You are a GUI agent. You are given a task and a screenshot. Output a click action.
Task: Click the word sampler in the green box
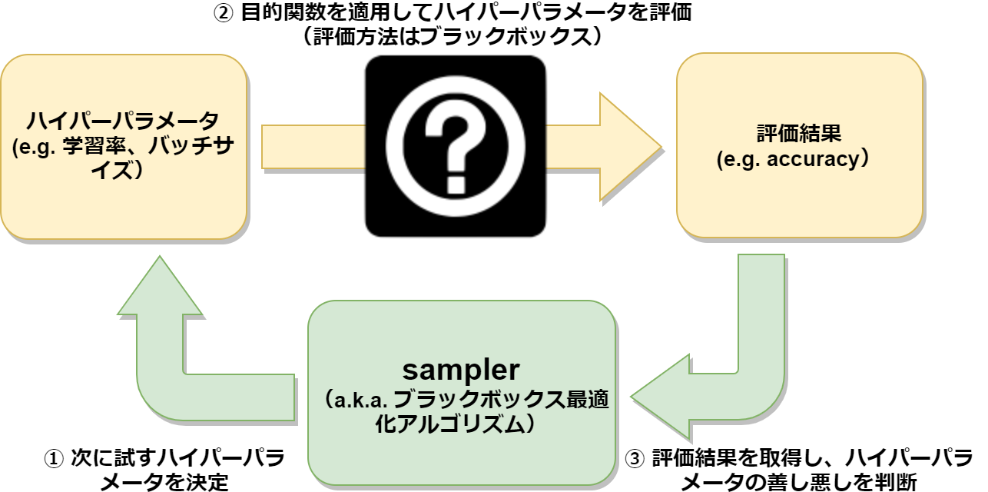coord(461,370)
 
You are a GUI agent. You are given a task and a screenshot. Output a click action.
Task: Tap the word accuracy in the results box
coord(814,160)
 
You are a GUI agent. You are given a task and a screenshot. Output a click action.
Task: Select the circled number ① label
coord(54,460)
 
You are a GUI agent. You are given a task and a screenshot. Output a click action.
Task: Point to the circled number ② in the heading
coord(223,13)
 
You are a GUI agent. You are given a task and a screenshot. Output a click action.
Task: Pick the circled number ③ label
coord(635,459)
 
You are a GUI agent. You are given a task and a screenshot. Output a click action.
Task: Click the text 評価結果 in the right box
coord(799,133)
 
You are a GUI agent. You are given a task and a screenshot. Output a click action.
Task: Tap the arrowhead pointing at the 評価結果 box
coord(631,147)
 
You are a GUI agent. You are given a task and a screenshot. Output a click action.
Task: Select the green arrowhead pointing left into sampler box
coord(661,397)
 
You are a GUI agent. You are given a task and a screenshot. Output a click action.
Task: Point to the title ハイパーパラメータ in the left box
coord(123,121)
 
